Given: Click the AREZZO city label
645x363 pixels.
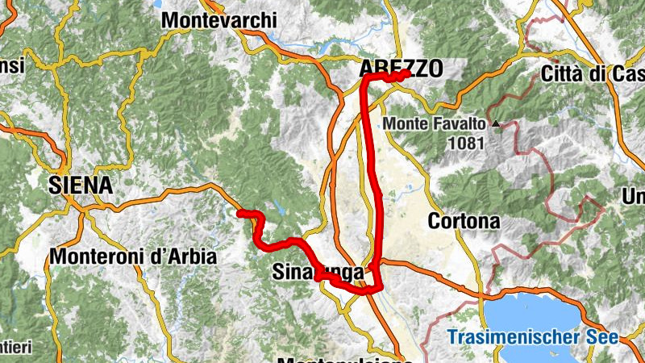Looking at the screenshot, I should (x=401, y=70).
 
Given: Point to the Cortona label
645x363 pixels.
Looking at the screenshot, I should (x=464, y=220).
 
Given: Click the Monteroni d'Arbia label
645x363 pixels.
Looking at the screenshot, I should (x=133, y=257).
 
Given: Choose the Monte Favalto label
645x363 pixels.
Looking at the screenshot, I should (x=435, y=124).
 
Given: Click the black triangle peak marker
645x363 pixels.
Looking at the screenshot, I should (x=496, y=124).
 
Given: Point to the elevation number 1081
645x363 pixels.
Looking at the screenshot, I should (x=468, y=144).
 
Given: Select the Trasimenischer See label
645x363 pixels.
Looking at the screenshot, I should (x=533, y=337).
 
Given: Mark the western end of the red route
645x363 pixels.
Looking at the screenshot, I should (x=239, y=213).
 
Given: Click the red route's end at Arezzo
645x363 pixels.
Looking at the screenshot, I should (x=406, y=73).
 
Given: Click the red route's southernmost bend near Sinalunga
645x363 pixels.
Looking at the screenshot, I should (x=378, y=290).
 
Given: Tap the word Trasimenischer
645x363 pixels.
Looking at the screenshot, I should (x=517, y=337).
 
